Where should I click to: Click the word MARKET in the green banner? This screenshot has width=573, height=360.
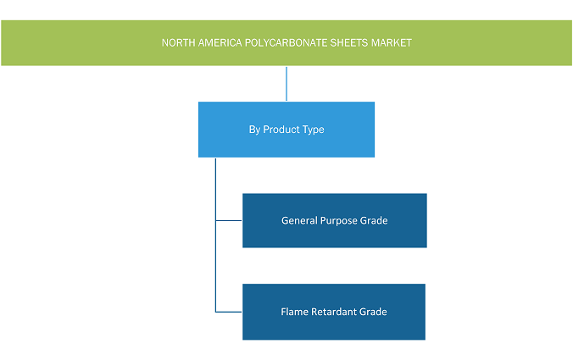point(392,43)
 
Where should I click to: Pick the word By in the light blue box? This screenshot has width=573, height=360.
point(254,130)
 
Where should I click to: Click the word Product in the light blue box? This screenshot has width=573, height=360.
point(281,130)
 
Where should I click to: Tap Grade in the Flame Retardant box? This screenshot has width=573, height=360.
point(373,312)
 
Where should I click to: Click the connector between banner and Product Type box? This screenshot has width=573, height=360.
point(286,84)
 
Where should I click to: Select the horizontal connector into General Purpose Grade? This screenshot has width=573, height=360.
point(229,220)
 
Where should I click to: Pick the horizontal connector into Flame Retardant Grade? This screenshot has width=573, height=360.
point(229,312)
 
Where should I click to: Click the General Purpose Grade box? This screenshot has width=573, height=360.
point(335,220)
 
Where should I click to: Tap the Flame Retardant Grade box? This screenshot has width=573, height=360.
point(334,312)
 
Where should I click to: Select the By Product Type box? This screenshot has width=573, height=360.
point(286,130)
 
